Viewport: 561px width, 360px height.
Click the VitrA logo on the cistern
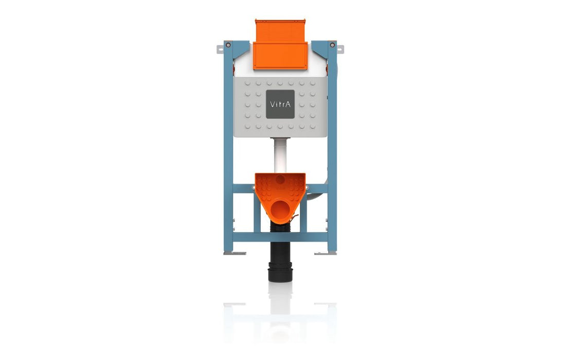280,104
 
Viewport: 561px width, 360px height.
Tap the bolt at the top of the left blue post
228,45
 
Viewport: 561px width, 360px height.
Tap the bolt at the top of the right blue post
333,45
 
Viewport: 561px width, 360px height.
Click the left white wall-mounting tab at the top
220,49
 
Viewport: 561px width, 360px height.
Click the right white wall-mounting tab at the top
340,49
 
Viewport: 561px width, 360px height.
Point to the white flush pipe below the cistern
280,154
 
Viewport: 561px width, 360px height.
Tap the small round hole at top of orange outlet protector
280,180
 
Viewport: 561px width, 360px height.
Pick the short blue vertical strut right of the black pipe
304,216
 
